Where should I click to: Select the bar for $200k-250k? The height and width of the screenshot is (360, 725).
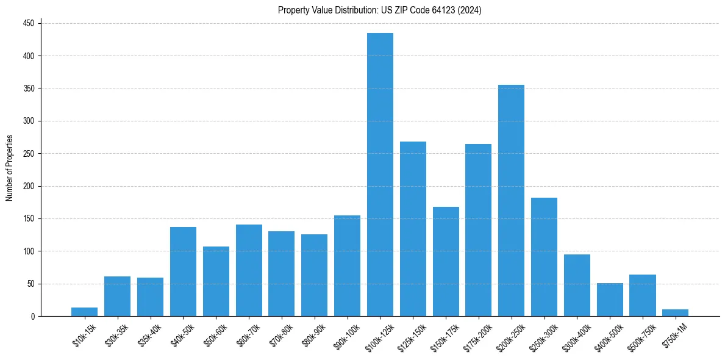point(511,201)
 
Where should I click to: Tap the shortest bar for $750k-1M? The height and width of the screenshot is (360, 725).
point(675,313)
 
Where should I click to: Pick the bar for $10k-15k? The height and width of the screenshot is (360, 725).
point(84,312)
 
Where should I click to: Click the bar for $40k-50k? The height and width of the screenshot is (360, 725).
point(183,272)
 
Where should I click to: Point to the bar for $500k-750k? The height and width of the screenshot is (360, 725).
point(642,295)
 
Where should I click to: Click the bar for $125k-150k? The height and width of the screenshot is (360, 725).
point(413,229)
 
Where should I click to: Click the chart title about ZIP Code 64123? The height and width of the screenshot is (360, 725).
point(380,10)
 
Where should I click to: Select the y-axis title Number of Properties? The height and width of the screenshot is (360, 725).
point(10,168)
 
